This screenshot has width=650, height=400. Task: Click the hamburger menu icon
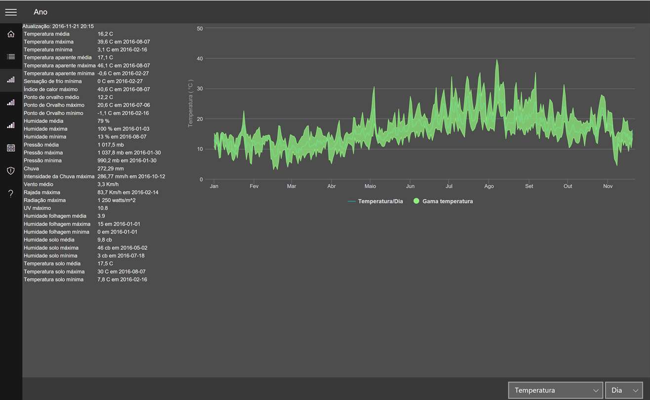click(11, 12)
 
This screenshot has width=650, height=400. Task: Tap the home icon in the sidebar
click(11, 34)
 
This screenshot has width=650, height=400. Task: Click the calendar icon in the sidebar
click(11, 148)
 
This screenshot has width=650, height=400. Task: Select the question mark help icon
click(11, 194)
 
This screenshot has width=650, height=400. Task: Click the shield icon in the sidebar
click(11, 170)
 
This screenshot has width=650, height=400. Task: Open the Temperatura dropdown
click(555, 390)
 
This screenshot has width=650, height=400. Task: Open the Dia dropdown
click(624, 390)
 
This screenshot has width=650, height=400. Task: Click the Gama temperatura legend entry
click(443, 201)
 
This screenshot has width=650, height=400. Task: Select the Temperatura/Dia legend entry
click(375, 201)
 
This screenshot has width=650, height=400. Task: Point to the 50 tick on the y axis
click(200, 29)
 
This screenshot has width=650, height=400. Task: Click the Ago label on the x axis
click(488, 186)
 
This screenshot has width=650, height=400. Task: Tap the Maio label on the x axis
click(370, 186)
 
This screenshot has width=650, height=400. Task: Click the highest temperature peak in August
click(497, 60)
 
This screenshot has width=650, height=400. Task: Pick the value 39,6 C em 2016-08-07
click(123, 42)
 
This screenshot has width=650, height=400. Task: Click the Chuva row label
click(31, 168)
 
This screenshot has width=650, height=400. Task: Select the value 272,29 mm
click(110, 168)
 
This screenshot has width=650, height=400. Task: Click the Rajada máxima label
click(42, 192)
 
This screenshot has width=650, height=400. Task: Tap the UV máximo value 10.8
click(102, 208)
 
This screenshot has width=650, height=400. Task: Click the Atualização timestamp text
click(58, 26)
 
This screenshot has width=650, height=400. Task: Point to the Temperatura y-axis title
click(190, 103)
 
